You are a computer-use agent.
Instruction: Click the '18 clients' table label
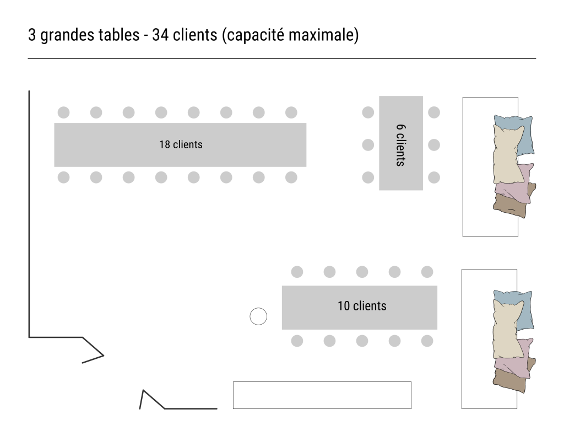click(181, 144)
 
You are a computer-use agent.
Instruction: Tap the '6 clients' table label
click(400, 145)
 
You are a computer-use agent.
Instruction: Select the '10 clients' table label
click(362, 306)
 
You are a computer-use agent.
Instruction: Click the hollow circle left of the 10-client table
click(258, 316)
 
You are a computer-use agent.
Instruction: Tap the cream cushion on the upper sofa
click(508, 154)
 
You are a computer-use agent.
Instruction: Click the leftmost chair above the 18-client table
click(63, 112)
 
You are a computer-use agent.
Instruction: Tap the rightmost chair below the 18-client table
click(291, 177)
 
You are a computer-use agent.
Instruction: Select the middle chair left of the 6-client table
click(368, 145)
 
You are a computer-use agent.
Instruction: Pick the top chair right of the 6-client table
click(434, 112)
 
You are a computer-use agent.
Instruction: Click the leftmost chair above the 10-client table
click(297, 272)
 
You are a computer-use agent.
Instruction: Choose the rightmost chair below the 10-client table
click(427, 341)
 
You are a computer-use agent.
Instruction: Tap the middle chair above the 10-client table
click(362, 272)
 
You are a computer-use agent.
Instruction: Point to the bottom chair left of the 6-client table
click(368, 177)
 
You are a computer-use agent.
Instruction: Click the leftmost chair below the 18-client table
click(63, 177)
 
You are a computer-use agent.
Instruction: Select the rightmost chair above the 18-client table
click(291, 112)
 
